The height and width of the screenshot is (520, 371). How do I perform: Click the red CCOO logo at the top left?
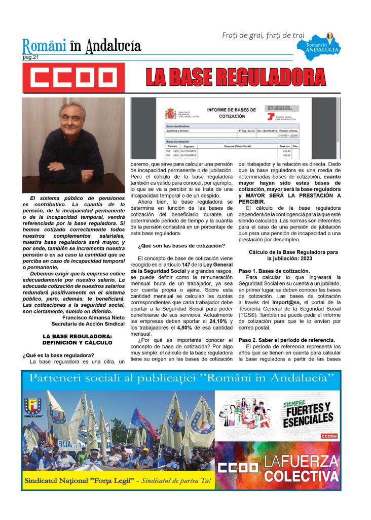[71, 78]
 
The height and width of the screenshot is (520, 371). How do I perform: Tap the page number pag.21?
[31, 57]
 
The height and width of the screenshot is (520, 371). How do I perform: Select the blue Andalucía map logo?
[325, 46]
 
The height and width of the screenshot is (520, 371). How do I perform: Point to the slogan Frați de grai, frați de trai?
[263, 35]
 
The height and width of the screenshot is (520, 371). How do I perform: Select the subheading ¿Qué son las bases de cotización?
[181, 245]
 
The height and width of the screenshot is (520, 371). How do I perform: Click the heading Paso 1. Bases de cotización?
[274, 271]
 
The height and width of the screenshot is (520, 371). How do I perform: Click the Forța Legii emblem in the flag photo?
[33, 407]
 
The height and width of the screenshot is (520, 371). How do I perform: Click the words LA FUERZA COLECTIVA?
[301, 468]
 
